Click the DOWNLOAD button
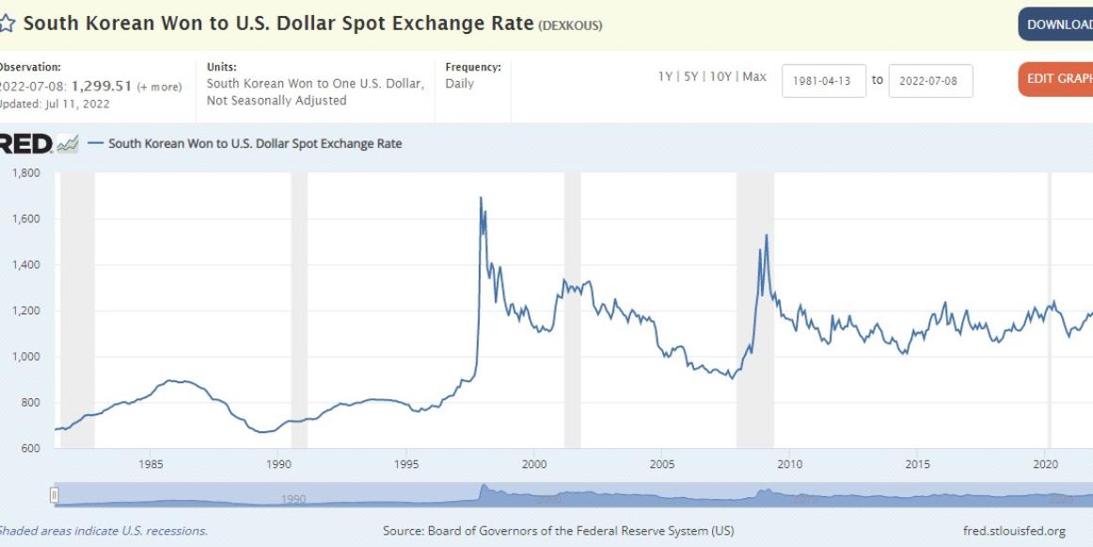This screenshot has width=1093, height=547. (1058, 24)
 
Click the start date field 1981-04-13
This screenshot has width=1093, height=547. (823, 81)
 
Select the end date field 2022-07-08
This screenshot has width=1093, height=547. (929, 81)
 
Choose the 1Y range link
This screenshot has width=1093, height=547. (665, 76)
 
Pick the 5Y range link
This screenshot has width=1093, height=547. (692, 76)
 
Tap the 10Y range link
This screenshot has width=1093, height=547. (721, 76)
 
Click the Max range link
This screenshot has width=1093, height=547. (754, 76)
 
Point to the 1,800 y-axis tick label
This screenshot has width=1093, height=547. (25, 173)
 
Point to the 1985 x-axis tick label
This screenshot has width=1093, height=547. (150, 464)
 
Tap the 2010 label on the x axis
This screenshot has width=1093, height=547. (789, 464)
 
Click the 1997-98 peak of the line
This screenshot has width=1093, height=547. (481, 198)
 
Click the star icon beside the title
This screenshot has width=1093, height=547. (8, 24)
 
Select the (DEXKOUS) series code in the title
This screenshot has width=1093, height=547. (570, 25)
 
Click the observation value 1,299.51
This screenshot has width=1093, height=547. (105, 86)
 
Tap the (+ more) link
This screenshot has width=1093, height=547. (160, 87)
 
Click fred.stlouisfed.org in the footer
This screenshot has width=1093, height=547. (1014, 531)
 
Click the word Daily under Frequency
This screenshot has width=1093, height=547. (460, 84)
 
